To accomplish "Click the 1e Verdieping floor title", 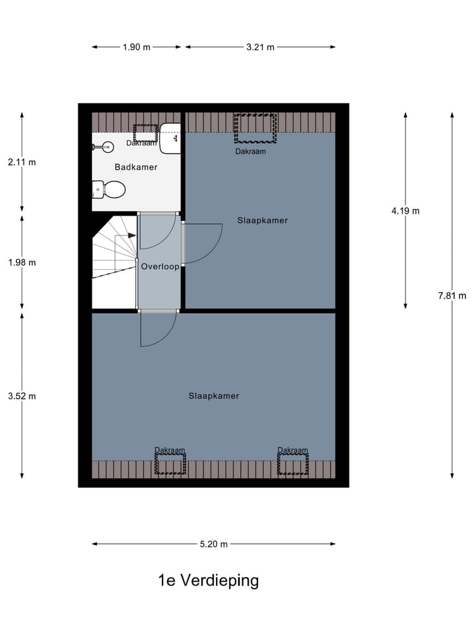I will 208,581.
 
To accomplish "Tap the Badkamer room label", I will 136,167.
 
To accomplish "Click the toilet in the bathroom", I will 109,190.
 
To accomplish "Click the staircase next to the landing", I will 114,260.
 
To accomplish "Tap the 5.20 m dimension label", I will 214,544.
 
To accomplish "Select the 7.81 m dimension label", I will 452,295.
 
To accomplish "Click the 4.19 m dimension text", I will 405,211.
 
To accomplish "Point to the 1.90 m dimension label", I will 136,47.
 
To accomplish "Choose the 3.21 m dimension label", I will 260,47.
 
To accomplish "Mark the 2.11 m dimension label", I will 22,162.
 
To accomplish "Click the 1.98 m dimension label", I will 22,262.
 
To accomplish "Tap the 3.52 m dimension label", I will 22,396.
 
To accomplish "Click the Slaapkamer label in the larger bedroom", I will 213,396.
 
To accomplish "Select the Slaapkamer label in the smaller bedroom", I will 263,221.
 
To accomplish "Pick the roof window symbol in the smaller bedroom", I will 255,128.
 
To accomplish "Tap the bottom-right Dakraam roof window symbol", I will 292,464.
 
